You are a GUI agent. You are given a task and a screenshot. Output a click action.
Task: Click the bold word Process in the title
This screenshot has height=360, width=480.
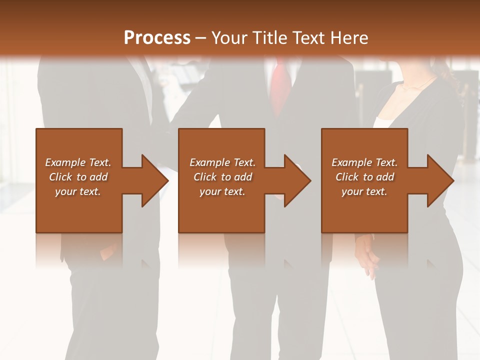157,38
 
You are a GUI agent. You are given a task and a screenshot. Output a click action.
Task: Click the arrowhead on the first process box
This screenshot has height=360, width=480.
152,180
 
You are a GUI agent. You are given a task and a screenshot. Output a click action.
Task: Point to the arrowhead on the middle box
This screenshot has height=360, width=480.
295,180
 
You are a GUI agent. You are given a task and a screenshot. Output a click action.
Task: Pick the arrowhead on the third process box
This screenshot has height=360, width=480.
438,180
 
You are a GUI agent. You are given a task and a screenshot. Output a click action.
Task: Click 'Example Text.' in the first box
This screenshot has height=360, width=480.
78,162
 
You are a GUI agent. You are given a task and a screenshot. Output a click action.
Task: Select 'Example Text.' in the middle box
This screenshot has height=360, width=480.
222,162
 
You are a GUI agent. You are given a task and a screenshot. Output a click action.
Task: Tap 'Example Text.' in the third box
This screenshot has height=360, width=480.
364,162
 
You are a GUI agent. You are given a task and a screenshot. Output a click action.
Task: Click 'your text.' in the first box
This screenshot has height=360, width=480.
78,191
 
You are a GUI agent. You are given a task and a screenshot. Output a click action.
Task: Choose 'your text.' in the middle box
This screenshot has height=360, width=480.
222,191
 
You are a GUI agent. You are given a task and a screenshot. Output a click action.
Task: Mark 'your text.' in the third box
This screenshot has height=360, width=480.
364,191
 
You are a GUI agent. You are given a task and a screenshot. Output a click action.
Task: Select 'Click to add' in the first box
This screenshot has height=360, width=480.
78,177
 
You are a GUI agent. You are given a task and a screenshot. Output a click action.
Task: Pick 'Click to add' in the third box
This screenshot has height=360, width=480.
364,177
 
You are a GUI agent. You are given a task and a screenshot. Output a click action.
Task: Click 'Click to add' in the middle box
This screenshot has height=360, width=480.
222,177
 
